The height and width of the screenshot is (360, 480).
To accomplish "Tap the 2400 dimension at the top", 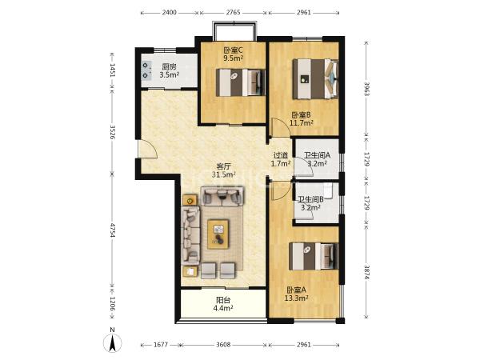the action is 170,13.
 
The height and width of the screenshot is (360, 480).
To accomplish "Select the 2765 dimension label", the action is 234,13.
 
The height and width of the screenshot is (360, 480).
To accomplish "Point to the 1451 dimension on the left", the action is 112,71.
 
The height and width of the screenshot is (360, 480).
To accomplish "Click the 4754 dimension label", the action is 112,230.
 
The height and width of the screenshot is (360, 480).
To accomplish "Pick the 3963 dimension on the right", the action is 366,89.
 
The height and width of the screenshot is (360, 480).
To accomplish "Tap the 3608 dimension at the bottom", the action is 223,345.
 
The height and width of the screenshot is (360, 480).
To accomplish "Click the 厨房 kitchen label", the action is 169,66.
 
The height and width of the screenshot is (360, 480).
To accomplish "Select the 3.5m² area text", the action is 169,74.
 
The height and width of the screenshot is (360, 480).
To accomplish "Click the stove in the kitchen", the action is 147,70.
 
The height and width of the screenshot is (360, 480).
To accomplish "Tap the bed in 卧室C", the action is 241,82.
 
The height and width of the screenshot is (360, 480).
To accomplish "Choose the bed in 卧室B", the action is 315,79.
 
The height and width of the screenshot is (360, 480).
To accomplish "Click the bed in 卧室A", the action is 314,256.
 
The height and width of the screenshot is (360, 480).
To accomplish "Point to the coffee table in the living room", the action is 218,234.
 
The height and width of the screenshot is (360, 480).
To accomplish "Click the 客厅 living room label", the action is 224,166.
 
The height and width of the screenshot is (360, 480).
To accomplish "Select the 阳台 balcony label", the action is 223,300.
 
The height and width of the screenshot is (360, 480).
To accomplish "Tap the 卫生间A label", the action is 317,155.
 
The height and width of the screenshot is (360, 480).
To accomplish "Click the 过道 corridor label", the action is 281,155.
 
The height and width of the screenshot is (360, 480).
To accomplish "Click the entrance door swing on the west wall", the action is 148,150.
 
